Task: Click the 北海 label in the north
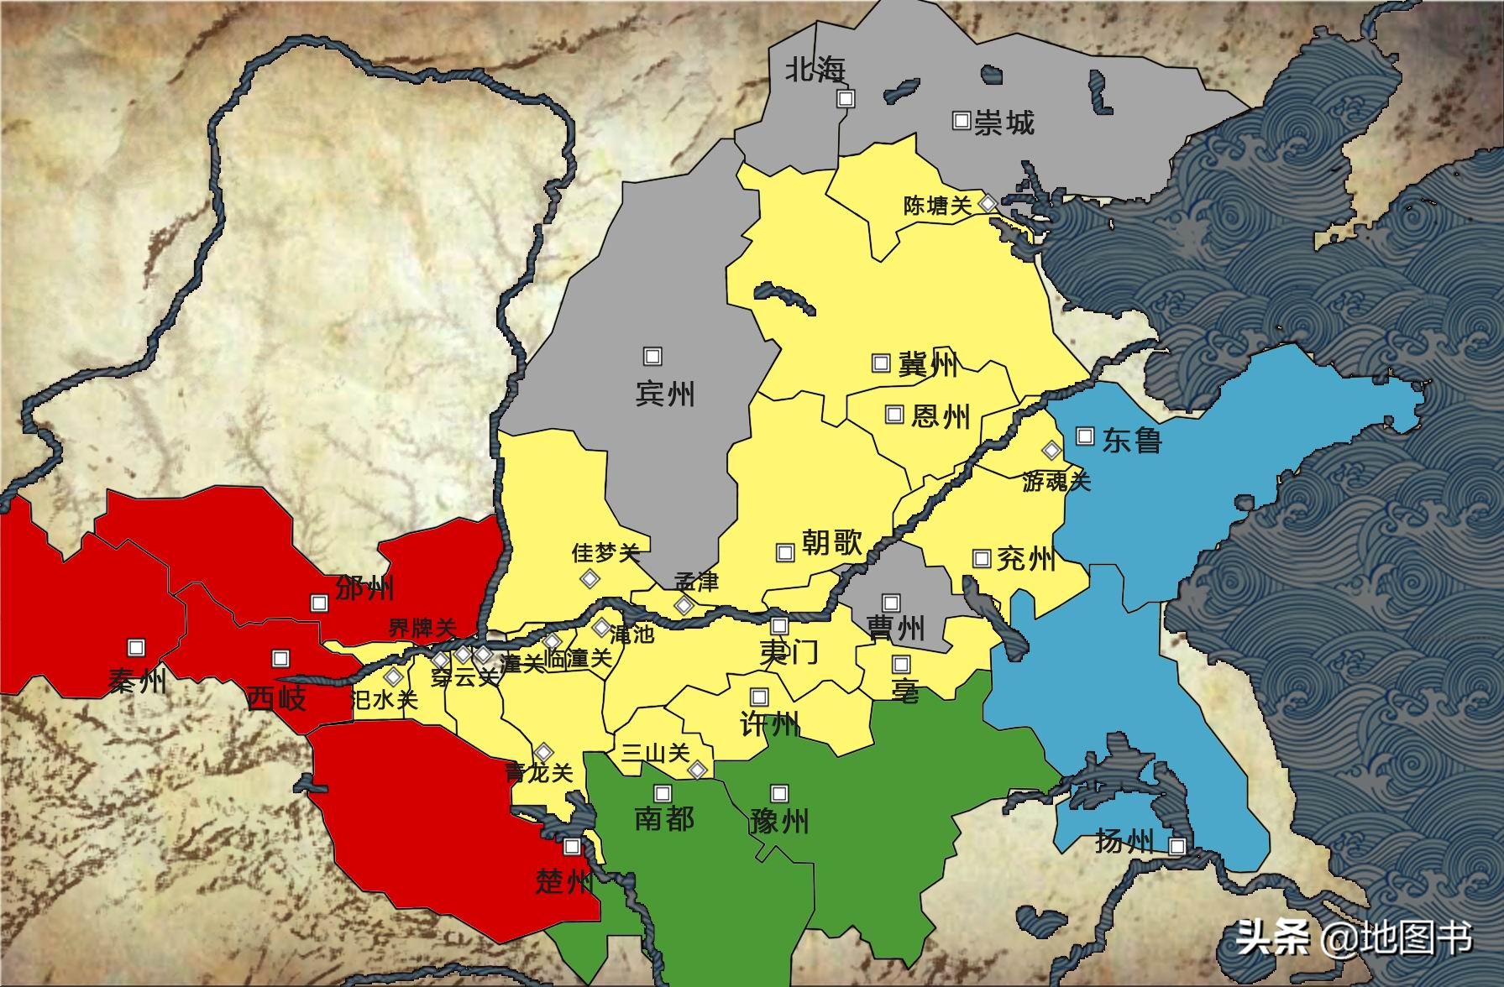click(x=815, y=70)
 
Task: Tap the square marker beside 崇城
click(x=962, y=120)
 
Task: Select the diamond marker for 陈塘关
click(x=989, y=203)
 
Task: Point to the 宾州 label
click(x=665, y=394)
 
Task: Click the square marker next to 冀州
click(x=881, y=363)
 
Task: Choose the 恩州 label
click(x=941, y=415)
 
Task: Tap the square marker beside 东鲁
click(x=1085, y=436)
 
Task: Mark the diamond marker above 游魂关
click(x=1051, y=450)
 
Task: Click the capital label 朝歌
click(x=831, y=542)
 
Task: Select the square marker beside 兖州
click(x=981, y=558)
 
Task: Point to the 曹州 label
click(x=896, y=629)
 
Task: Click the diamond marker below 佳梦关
click(x=590, y=578)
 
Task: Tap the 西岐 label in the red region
click(x=277, y=698)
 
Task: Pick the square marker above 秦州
click(x=136, y=648)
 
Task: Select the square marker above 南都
click(x=663, y=793)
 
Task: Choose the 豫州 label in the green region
click(x=779, y=821)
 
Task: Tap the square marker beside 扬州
click(x=1177, y=847)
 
